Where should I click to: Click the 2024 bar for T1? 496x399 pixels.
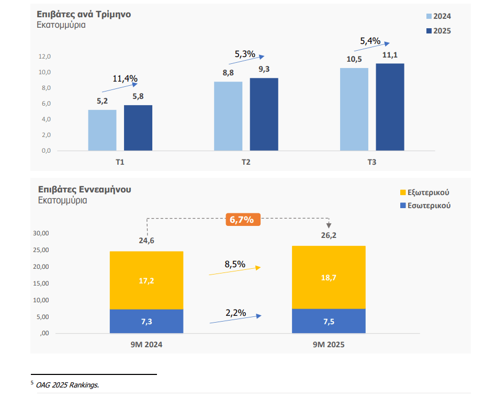coord(102,130)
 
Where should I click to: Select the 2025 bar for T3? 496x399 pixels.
coord(390,107)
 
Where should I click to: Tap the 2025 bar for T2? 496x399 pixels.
coord(264,115)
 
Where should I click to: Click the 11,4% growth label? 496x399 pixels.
coord(125,79)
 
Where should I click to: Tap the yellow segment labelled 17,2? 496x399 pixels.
coord(146,280)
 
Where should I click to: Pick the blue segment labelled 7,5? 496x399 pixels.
coord(329,321)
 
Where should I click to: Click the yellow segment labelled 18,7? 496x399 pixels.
coord(329,277)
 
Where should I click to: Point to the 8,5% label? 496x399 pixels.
coord(235,264)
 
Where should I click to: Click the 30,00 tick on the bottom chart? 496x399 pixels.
coord(41,233)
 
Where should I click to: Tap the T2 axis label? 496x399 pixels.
coord(246,162)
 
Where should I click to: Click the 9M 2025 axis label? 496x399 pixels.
coord(329,345)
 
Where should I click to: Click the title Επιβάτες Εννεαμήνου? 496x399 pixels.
coord(84,189)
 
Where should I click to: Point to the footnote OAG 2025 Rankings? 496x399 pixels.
coord(67,385)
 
